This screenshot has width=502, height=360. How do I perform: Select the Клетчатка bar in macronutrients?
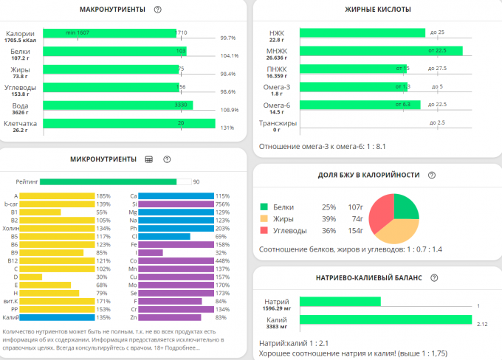[129, 123]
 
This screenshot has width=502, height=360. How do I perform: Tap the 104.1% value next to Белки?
[229, 55]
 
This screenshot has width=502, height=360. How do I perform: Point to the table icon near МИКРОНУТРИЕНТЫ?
[148, 159]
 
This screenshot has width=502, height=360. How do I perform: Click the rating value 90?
[196, 181]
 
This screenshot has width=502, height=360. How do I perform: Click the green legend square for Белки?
[264, 208]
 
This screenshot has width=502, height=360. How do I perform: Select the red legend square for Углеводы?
[264, 231]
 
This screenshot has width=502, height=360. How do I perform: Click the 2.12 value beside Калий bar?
[482, 323]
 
